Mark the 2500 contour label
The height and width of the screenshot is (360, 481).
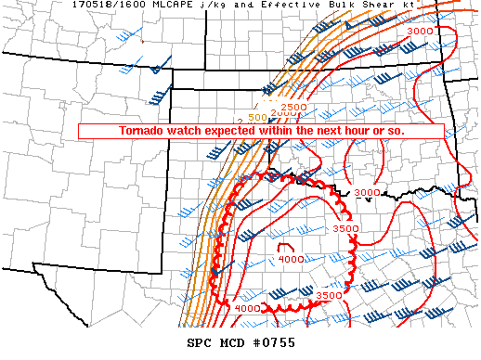tap(293, 109)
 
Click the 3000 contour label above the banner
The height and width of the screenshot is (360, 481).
tap(420, 32)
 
